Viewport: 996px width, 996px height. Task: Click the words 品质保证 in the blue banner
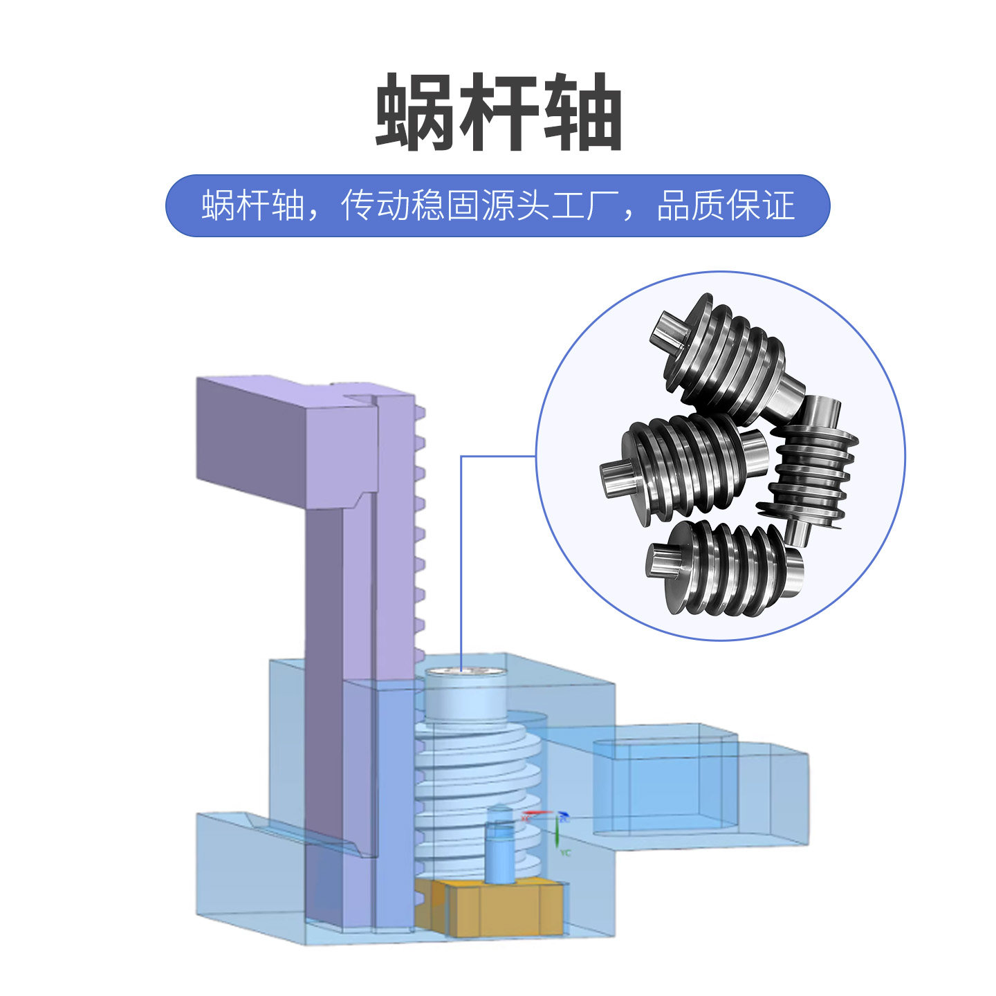pos(726,205)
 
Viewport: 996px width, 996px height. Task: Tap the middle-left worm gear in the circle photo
pos(685,463)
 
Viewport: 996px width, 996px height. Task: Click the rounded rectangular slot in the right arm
pos(664,785)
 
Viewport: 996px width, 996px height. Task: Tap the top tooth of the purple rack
pos(421,414)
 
